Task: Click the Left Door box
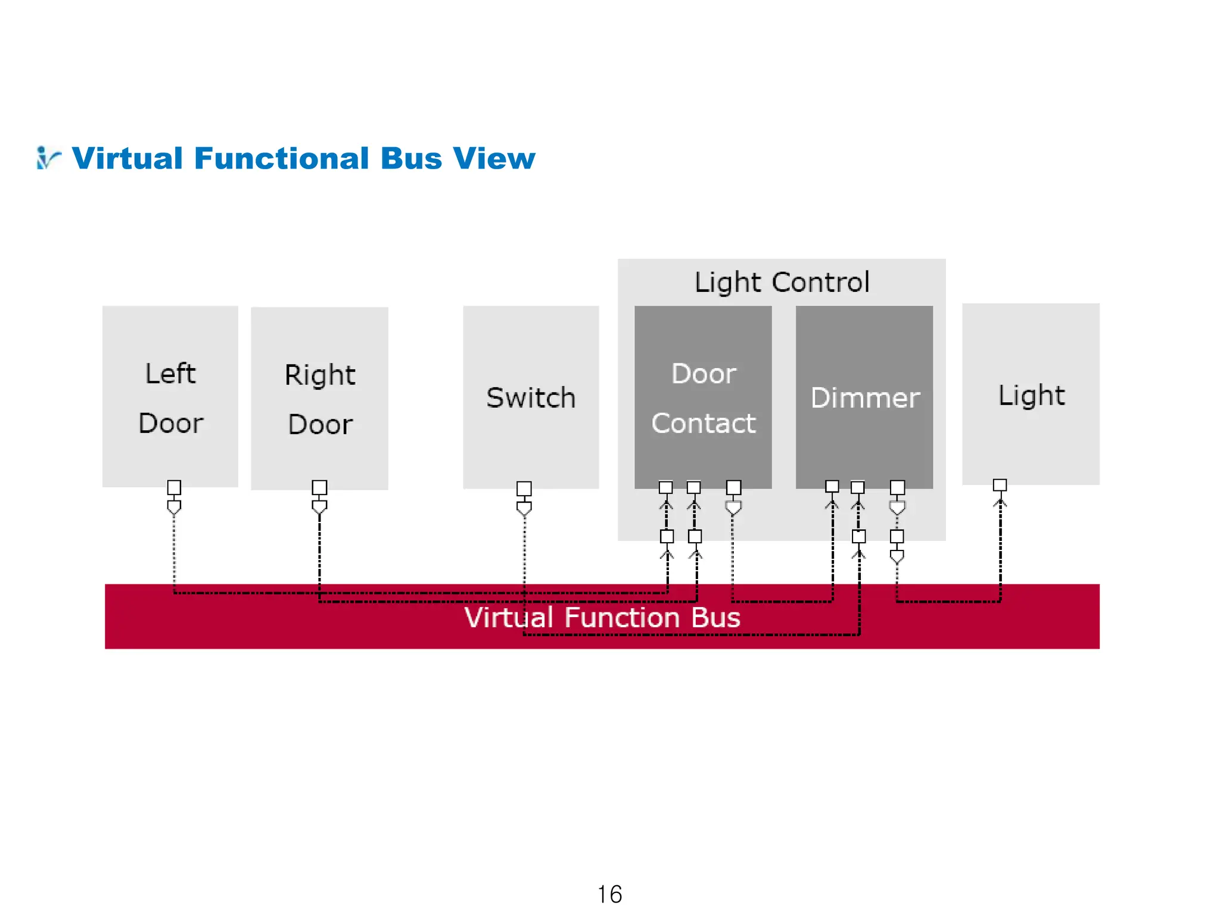pos(170,396)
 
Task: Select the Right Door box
pos(319,398)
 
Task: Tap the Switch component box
pos(531,397)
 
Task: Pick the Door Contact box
pos(703,397)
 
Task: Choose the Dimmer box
pos(864,397)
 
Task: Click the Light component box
pos(1031,394)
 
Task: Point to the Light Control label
pos(782,282)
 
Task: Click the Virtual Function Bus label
pos(602,617)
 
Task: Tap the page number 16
pos(609,894)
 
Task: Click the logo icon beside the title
pos(48,158)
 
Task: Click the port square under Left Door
pos(174,487)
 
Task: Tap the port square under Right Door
pos(319,487)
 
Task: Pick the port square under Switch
pos(524,488)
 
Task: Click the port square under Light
pos(1000,485)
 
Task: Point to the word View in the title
pos(494,158)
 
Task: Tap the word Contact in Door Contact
pos(704,424)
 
